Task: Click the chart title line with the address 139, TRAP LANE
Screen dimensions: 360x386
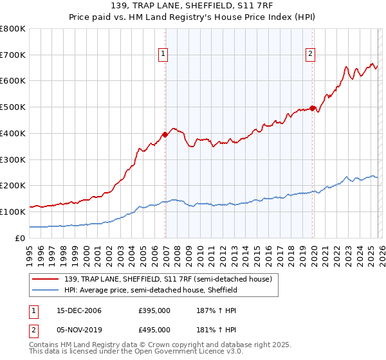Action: (x=193, y=6)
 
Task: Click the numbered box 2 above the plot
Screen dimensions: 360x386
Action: (x=311, y=55)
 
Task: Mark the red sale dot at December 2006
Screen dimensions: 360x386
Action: (x=165, y=134)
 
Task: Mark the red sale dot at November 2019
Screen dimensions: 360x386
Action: (x=312, y=109)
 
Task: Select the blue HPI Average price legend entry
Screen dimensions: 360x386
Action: (x=151, y=291)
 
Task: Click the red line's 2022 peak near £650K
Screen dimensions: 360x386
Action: (x=346, y=67)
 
